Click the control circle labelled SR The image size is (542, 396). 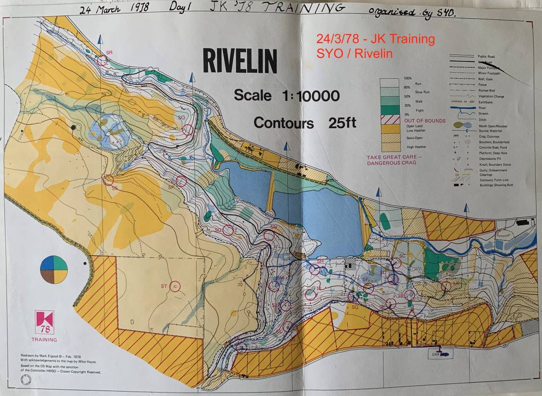(x=103, y=61)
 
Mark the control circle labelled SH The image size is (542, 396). (x=315, y=270)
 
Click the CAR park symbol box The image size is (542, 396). (x=439, y=354)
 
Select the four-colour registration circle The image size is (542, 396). (x=54, y=270)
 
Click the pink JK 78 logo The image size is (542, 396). (x=44, y=323)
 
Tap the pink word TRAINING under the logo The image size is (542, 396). (x=44, y=340)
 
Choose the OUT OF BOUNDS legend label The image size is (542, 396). (x=425, y=121)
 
